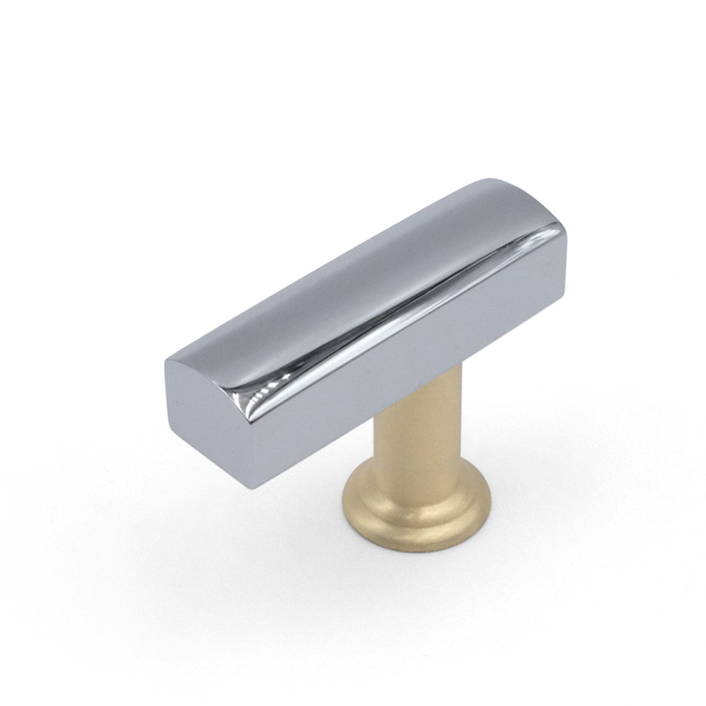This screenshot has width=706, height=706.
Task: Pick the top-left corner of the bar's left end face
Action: (166, 361)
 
